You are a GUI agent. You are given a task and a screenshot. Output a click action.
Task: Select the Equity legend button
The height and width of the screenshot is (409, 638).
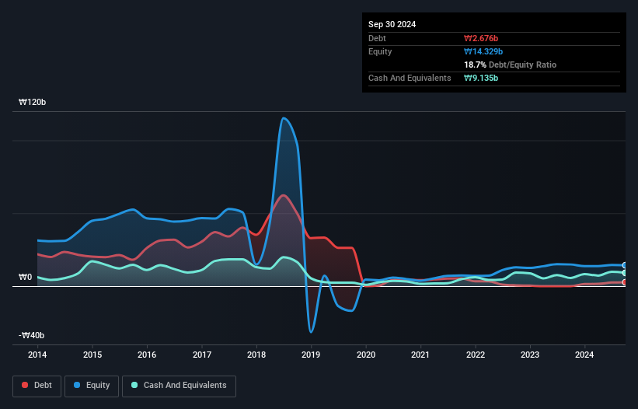pos(92,385)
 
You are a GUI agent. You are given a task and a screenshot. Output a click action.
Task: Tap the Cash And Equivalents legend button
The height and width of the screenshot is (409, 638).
pos(178,385)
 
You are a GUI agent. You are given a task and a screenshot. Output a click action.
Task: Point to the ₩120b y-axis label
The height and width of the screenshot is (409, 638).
pos(33,103)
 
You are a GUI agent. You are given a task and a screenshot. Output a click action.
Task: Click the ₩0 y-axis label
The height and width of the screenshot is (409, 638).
pos(25,277)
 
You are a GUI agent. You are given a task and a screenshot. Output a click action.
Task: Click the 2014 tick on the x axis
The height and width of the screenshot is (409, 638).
pos(37,355)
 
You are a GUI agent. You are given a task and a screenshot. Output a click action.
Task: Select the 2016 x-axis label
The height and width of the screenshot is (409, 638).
pos(147,355)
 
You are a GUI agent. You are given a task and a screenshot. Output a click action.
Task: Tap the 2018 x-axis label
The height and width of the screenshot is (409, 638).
pos(256,355)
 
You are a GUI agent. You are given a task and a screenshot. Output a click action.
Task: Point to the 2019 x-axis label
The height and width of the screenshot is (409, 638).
pos(311,355)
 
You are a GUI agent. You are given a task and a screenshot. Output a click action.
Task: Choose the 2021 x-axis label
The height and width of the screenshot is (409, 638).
pos(420,355)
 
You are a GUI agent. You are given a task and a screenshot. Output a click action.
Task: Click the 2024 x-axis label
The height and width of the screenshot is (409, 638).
pos(584,355)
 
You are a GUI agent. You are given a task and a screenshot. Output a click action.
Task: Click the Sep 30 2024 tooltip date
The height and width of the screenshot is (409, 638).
pos(392,24)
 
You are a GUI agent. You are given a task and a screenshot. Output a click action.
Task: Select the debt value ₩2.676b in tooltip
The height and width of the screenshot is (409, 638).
pos(481,38)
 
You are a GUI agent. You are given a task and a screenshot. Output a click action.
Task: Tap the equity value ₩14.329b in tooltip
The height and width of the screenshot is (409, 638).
pos(483,51)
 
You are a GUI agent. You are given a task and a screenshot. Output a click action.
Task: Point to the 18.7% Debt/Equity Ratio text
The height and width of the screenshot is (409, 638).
pos(510,65)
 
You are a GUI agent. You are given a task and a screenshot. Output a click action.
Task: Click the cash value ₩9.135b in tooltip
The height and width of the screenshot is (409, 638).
pos(481,78)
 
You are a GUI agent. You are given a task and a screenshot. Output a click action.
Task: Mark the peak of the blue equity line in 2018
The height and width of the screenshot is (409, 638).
pos(284,118)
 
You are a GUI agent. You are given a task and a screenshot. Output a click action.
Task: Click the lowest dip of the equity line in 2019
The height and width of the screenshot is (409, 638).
pos(311,332)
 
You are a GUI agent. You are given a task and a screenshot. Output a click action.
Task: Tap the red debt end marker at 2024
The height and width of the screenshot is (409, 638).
pos(624,282)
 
